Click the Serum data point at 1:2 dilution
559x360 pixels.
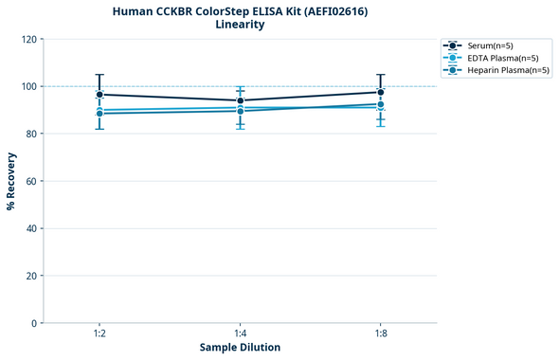pyautogui.click(x=99, y=95)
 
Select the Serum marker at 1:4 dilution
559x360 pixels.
pyautogui.click(x=240, y=100)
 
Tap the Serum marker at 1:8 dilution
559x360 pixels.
pyautogui.click(x=380, y=92)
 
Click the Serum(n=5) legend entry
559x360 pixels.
pyautogui.click(x=490, y=45)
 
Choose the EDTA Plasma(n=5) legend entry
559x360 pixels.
pyautogui.click(x=497, y=58)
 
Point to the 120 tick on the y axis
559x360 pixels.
pyautogui.click(x=30, y=39)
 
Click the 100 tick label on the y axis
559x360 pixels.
pyautogui.click(x=30, y=86)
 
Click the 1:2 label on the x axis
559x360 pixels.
pyautogui.click(x=99, y=333)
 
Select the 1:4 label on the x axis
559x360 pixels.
pyautogui.click(x=240, y=333)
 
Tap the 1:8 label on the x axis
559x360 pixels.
pyautogui.click(x=380, y=333)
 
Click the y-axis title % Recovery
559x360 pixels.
pyautogui.click(x=11, y=181)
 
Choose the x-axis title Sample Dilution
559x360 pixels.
pyautogui.click(x=240, y=348)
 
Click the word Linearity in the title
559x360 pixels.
pyautogui.click(x=240, y=25)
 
